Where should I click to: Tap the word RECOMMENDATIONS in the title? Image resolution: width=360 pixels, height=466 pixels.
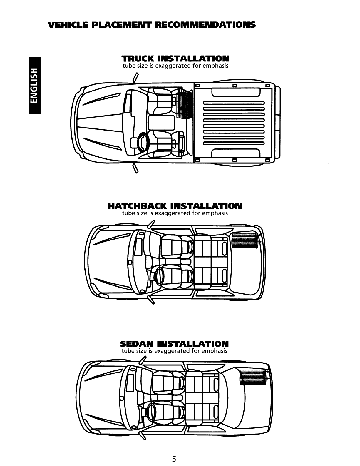(205, 24)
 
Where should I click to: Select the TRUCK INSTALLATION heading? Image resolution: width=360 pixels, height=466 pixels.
(175, 58)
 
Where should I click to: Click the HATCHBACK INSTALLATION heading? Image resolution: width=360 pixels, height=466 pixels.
(175, 206)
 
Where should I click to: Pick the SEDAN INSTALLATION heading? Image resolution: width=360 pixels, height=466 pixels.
(174, 344)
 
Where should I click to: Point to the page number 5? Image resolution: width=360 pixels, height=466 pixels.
(174, 459)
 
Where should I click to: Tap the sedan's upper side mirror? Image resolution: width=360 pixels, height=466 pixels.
(143, 360)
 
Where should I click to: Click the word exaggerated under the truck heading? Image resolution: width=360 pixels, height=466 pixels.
(173, 66)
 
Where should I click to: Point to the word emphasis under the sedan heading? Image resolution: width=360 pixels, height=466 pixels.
(214, 351)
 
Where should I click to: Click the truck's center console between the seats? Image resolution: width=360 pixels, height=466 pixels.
(161, 123)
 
